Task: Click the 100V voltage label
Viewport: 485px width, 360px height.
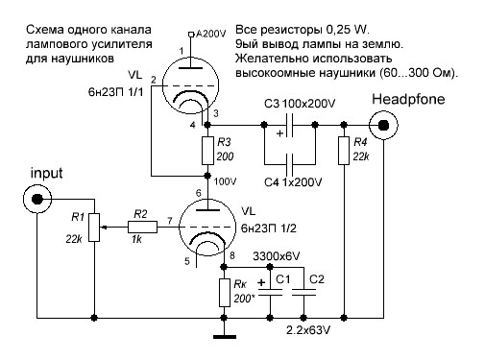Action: coord(225,180)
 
